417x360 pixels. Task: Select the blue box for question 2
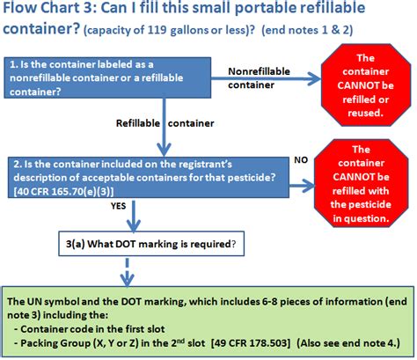tap(146, 179)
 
